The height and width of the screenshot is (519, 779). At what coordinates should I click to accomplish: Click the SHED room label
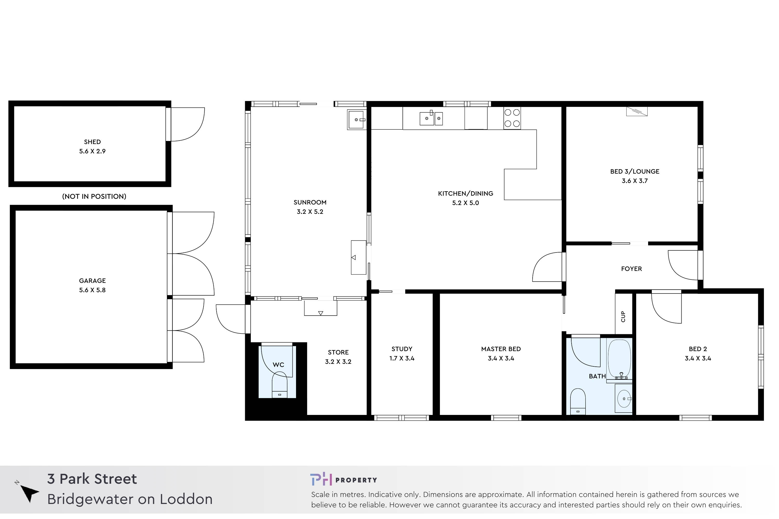click(x=92, y=142)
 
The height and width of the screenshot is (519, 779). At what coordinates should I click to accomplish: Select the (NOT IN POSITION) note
click(x=95, y=197)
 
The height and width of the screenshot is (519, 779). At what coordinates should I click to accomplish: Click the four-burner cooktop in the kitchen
click(x=512, y=118)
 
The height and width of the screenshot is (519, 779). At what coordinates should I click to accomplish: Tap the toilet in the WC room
click(x=280, y=386)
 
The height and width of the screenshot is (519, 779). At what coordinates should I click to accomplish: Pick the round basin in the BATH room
click(x=624, y=399)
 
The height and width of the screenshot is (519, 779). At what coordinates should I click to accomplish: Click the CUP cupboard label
click(x=623, y=317)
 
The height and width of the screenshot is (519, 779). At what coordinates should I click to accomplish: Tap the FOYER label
click(x=632, y=269)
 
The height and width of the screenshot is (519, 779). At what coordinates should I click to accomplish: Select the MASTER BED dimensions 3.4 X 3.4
click(x=501, y=358)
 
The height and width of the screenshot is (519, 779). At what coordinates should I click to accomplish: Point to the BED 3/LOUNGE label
click(x=635, y=172)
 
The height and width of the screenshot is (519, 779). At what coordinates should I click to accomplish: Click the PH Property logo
click(x=344, y=480)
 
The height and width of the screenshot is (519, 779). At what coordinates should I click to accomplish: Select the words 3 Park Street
click(x=92, y=479)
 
